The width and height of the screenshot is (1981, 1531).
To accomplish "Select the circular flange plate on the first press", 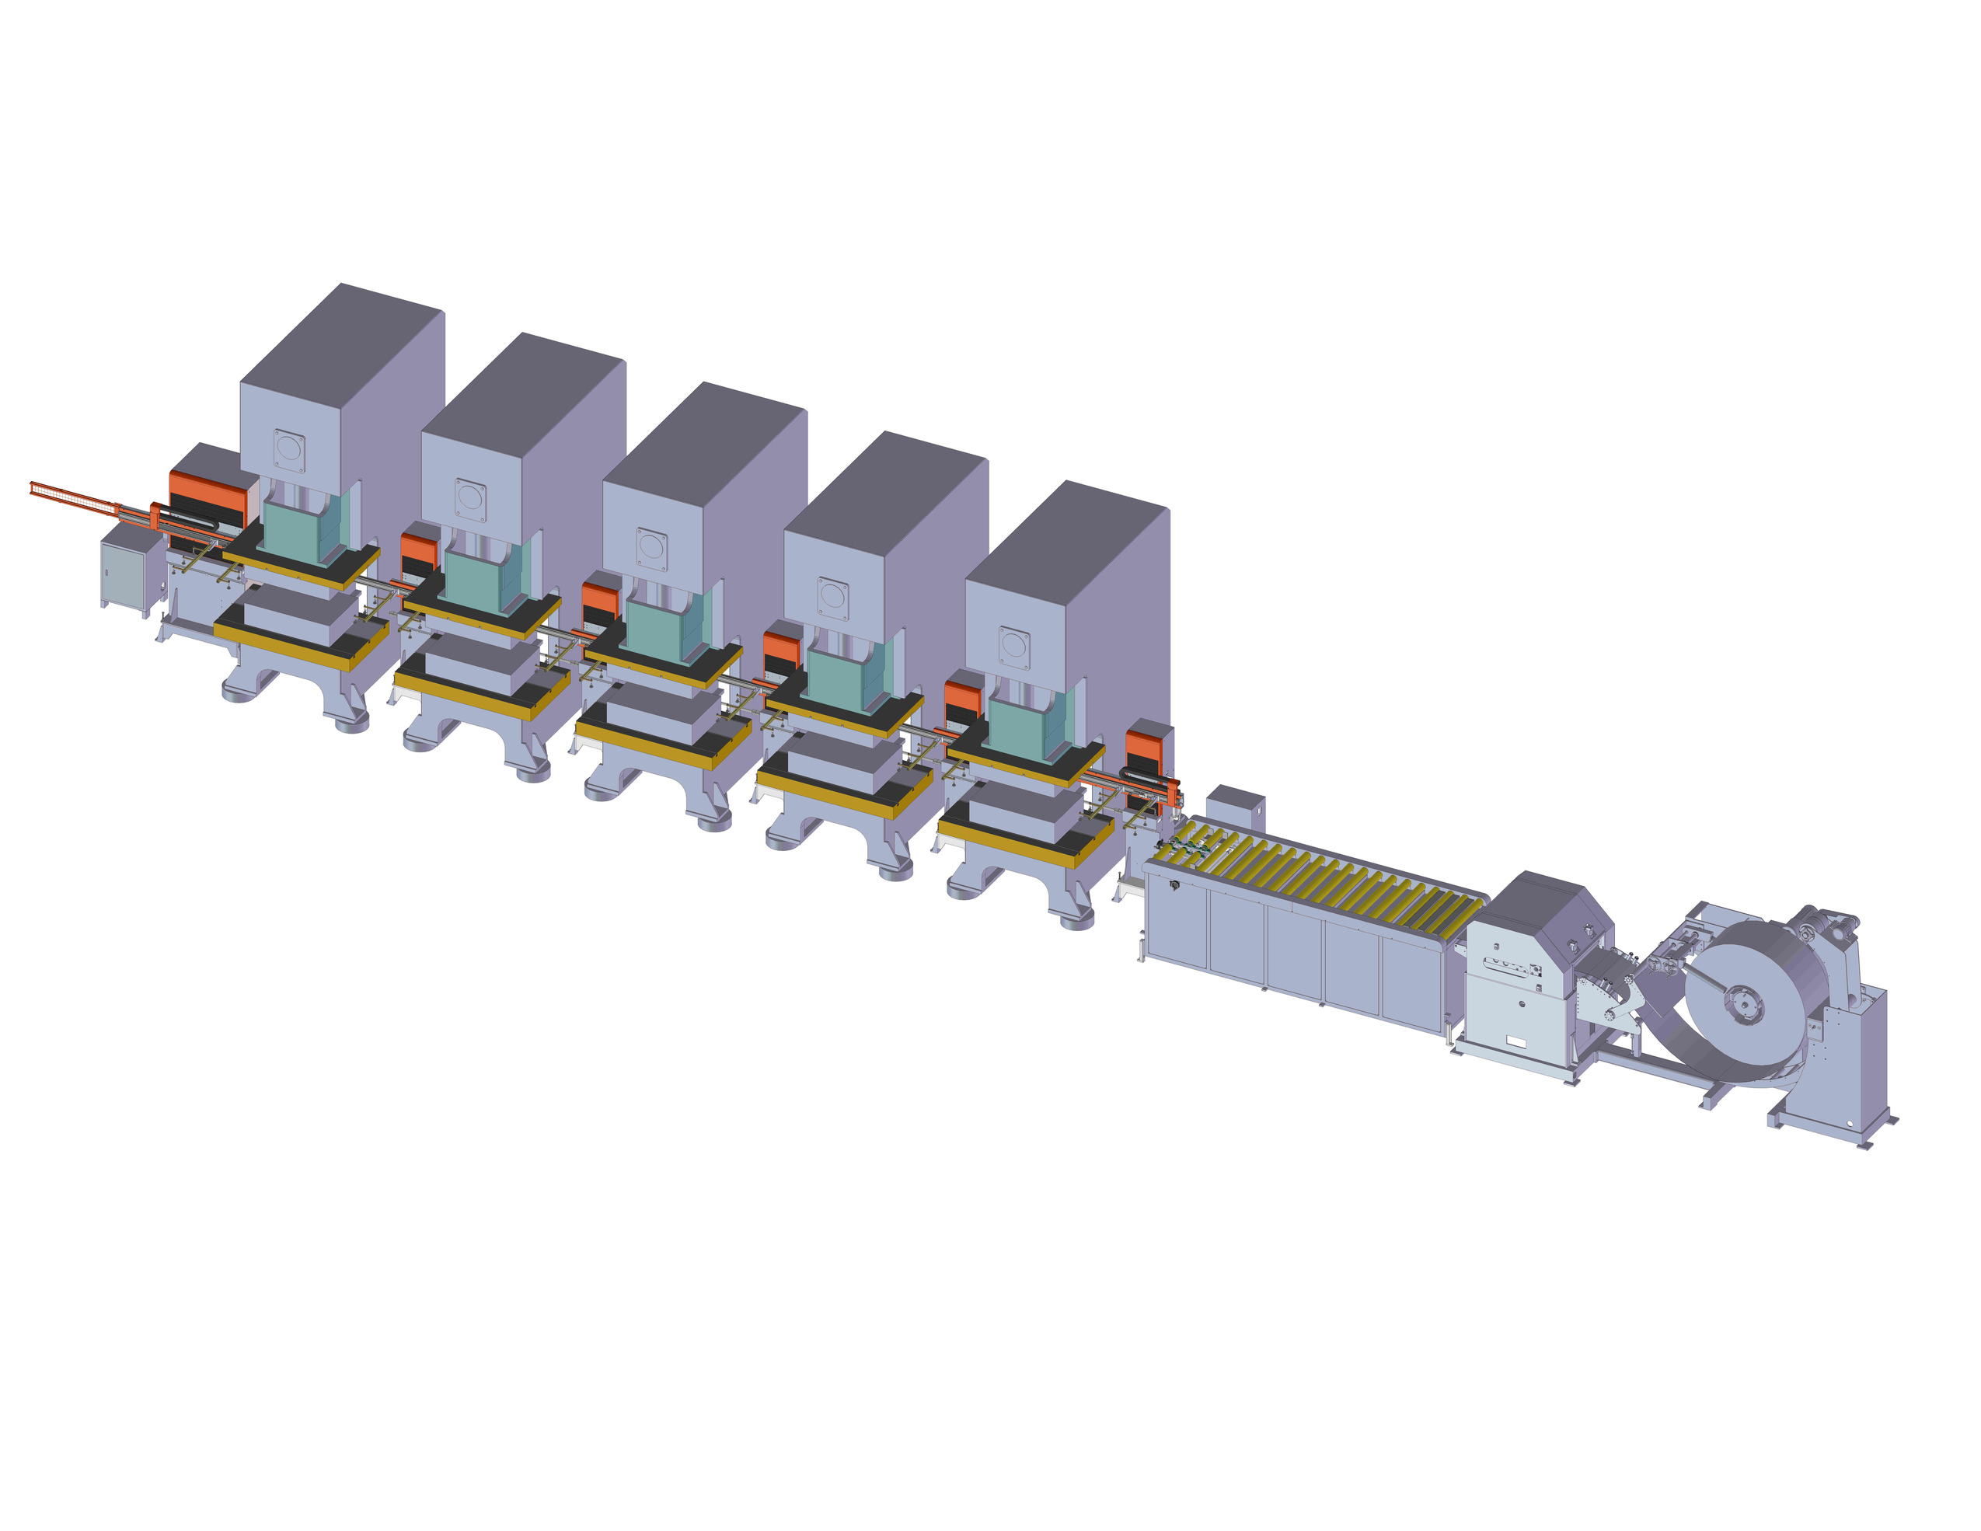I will tap(289, 451).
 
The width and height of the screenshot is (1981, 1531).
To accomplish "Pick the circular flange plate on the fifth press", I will tap(1014, 647).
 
